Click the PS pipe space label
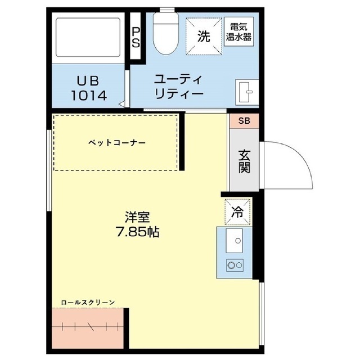coord(136,37)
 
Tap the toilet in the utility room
coord(166,33)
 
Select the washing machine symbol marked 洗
coord(204,37)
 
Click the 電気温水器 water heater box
coord(238,32)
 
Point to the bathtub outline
coord(88,37)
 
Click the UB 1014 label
coord(89,88)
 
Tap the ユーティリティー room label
coord(179,87)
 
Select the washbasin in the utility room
coord(247,92)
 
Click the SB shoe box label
coord(244,121)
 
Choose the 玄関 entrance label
coord(244,161)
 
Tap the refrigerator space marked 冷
coord(237,211)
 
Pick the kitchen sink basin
coord(234,240)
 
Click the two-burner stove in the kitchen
coord(235,265)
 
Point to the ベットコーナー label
coord(117,143)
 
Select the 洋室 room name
coord(137,217)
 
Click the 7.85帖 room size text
coord(137,232)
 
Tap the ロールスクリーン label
coord(88,303)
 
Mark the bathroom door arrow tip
coord(119,104)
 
